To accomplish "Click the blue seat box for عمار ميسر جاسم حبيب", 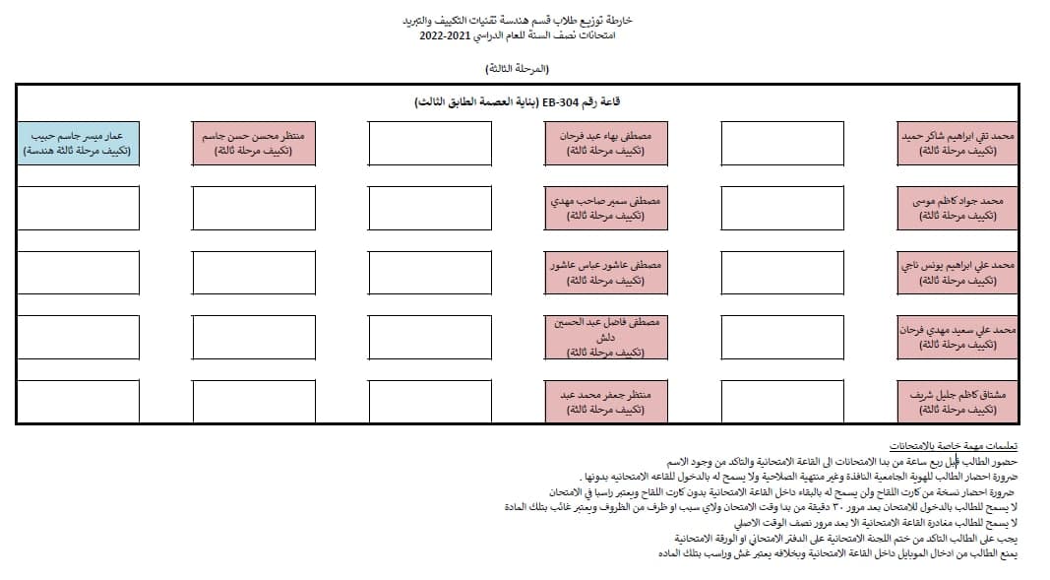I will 79,143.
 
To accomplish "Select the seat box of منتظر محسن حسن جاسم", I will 254,143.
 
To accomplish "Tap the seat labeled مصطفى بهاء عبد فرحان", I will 606,143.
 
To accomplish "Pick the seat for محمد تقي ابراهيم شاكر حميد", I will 957,143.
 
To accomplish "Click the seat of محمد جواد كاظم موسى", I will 957,207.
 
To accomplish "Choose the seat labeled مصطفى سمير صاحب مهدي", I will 606,207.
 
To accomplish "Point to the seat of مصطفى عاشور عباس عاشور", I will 606,272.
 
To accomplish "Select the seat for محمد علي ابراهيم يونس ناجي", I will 957,272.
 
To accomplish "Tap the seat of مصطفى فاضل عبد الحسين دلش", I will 606,337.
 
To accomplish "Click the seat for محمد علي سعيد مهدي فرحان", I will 957,337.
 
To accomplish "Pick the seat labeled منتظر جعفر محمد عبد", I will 606,401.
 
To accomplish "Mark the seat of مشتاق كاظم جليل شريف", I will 957,401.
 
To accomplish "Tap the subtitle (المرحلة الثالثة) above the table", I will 518,68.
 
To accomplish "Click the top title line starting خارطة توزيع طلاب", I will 520,20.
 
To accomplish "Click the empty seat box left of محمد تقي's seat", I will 782,143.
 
